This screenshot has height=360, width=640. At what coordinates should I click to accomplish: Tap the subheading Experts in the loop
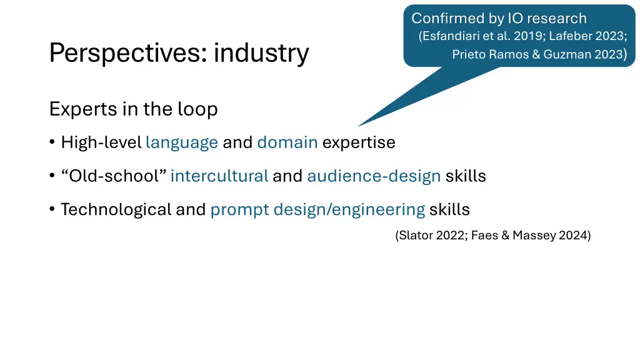(x=133, y=109)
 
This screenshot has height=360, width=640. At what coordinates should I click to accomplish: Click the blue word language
(x=181, y=142)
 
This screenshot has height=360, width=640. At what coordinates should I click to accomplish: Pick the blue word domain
(x=287, y=142)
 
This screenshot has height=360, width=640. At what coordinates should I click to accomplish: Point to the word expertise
(x=359, y=142)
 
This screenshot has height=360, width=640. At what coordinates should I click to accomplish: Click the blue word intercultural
(x=219, y=176)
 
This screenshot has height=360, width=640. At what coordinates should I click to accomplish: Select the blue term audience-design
(x=374, y=176)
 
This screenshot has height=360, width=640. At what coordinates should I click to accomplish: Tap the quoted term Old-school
(x=114, y=176)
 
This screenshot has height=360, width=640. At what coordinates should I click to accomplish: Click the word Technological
(x=116, y=209)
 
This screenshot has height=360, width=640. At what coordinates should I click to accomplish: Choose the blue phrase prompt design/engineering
(x=317, y=209)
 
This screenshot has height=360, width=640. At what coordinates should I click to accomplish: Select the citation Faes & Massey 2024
(x=531, y=236)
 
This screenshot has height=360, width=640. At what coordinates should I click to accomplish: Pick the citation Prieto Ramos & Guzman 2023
(x=537, y=54)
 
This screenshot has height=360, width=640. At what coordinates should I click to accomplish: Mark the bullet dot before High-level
(x=52, y=143)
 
